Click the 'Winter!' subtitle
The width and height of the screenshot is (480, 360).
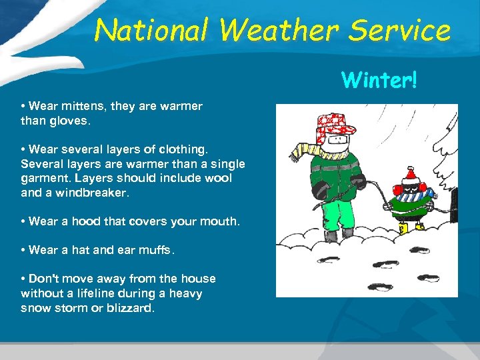(379, 80)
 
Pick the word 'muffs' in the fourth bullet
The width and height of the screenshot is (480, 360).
(158, 251)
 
